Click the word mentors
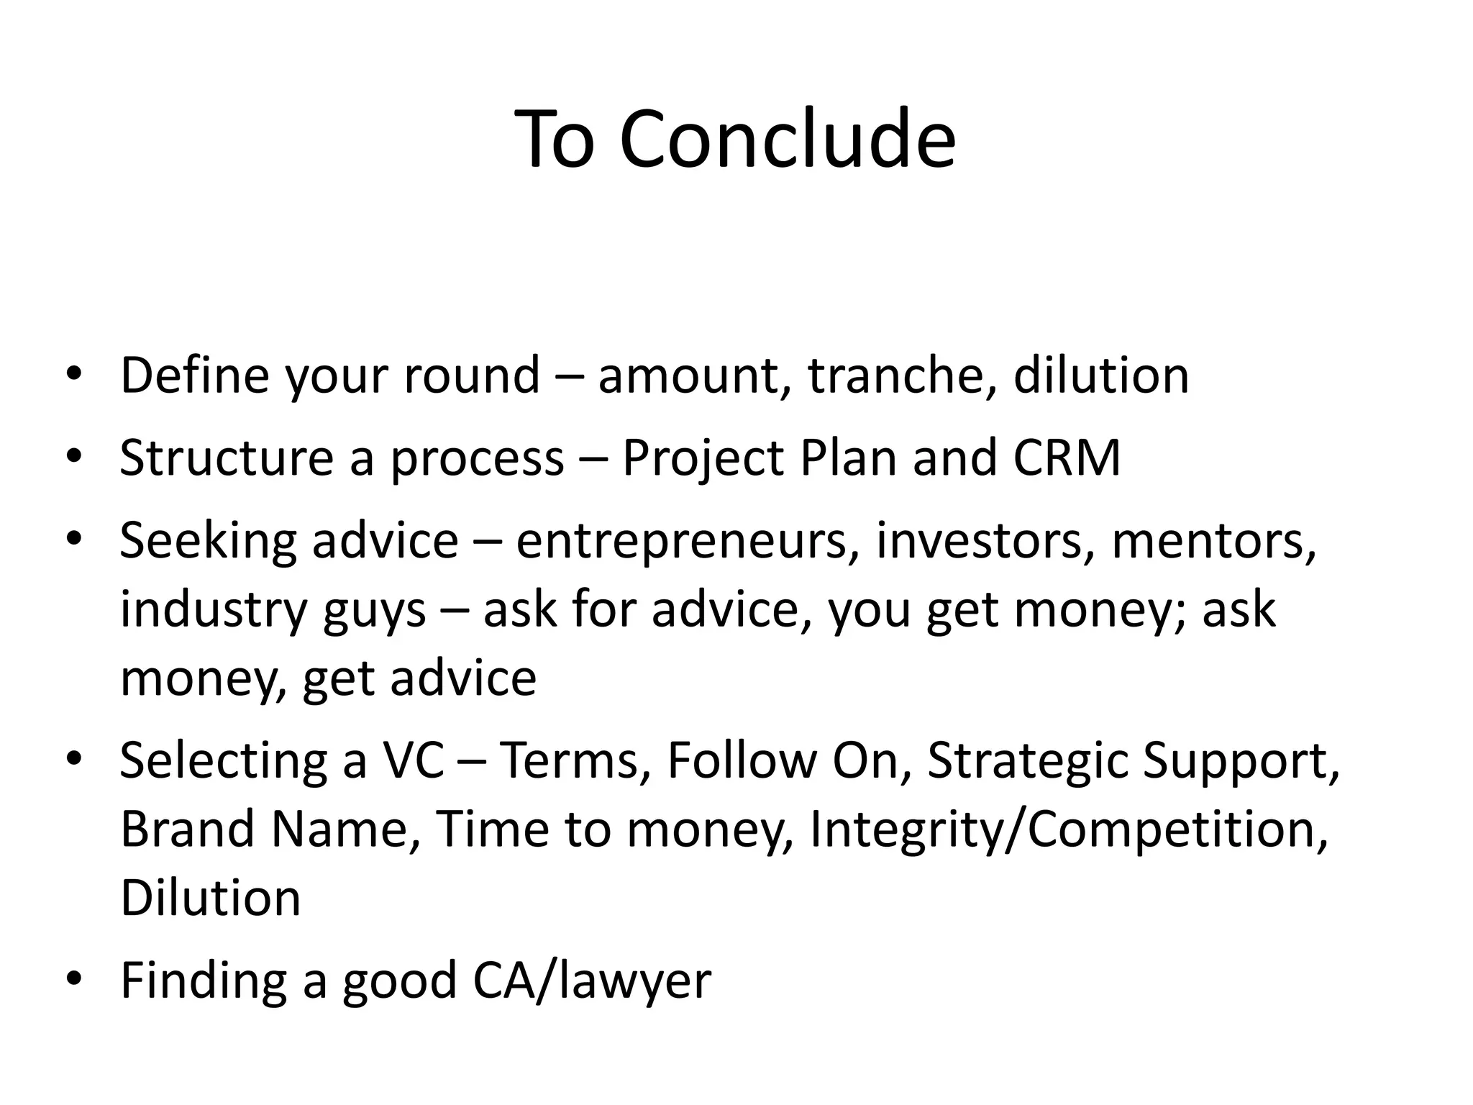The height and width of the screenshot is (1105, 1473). [1214, 541]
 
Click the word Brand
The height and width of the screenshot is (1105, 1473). [188, 829]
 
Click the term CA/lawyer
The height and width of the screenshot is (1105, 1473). [591, 981]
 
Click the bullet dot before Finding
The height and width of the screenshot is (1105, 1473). [73, 980]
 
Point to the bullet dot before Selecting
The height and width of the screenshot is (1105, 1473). [73, 760]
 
